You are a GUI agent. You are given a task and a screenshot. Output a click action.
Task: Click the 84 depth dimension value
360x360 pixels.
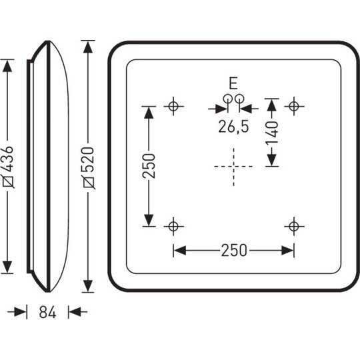point(47,312)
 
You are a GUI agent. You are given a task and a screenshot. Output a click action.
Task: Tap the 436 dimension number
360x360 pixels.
point(8,159)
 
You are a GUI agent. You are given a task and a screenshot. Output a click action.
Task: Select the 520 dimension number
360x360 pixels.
point(89,160)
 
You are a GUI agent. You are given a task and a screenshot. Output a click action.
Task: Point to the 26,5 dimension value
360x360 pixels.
point(233,127)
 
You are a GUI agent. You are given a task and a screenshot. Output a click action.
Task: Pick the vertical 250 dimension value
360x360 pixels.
point(149,166)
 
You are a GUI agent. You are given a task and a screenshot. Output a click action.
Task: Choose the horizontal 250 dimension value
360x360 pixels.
point(234,250)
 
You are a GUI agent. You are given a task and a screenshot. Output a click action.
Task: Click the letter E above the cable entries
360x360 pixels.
point(233,83)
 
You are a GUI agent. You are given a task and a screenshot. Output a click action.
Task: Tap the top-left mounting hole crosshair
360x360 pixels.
point(173,106)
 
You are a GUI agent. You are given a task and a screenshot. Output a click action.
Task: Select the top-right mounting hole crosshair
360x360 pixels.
point(294,106)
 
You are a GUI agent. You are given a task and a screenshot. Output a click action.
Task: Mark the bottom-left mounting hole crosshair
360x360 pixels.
point(173,227)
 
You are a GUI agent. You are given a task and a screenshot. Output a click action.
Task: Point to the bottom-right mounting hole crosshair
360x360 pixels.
point(294,227)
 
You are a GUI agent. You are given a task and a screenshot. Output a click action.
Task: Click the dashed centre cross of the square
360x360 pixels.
point(233,167)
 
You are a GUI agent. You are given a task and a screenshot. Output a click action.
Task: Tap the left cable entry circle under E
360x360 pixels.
point(227,99)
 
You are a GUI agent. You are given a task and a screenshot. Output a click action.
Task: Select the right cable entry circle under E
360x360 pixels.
point(239,99)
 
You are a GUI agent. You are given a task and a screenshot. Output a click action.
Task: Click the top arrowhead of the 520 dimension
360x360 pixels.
point(88,47)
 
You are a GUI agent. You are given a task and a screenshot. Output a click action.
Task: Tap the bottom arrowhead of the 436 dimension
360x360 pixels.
point(7,267)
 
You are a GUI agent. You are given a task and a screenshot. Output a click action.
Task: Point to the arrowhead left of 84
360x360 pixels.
point(20,312)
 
